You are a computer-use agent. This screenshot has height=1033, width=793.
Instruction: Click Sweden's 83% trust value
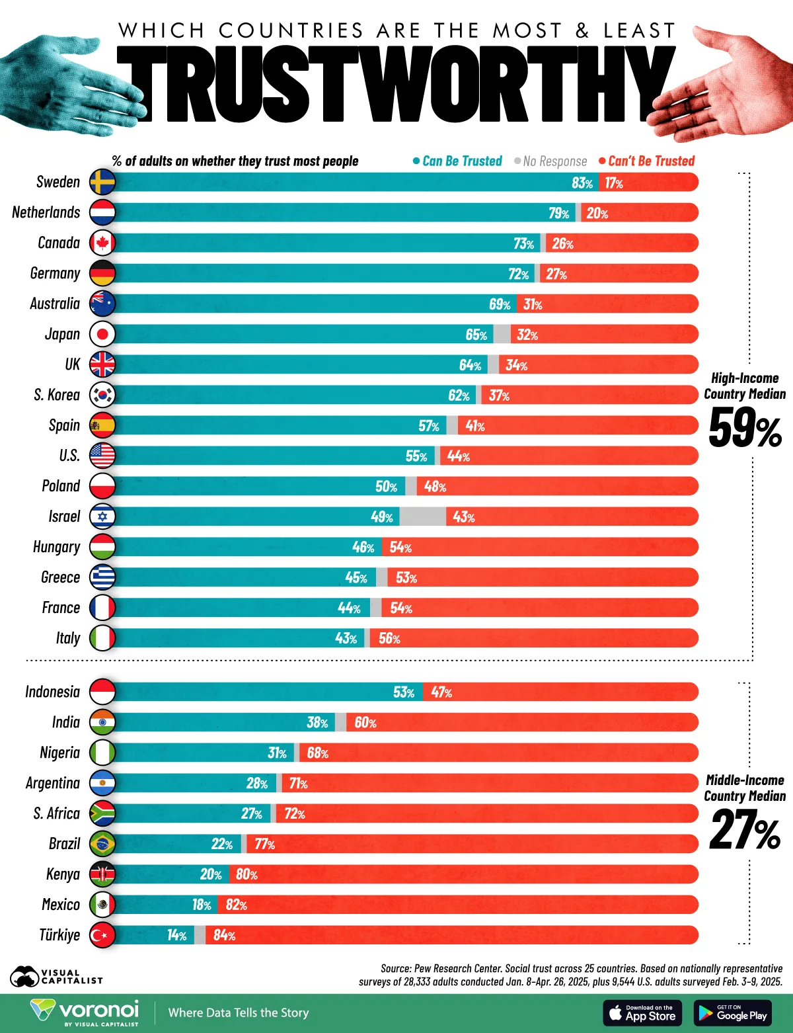(582, 183)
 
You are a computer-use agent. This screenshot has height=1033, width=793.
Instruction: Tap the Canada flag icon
(102, 243)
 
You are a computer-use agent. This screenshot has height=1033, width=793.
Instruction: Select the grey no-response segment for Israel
(422, 516)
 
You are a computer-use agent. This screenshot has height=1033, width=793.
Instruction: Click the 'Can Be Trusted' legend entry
(457, 161)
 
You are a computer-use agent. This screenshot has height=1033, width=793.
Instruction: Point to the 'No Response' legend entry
(550, 161)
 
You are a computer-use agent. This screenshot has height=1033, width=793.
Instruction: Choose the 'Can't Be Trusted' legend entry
(647, 161)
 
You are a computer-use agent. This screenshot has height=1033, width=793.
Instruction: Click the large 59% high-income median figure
(745, 429)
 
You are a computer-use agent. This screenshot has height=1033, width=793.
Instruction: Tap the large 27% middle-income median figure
(745, 831)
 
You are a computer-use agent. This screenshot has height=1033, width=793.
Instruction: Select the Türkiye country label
(59, 934)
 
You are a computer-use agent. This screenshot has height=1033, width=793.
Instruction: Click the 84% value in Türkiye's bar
(224, 935)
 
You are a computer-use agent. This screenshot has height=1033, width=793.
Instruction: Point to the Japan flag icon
(102, 334)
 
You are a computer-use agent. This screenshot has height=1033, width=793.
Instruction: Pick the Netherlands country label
(46, 212)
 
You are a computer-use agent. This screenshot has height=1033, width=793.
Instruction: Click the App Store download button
(642, 1012)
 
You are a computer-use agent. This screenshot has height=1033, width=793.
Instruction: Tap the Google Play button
(733, 1012)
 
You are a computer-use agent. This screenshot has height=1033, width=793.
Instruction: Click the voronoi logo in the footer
(85, 1012)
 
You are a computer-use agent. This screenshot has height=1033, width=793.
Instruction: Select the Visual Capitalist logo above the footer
(56, 976)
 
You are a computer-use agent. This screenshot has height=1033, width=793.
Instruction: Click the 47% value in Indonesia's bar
(441, 692)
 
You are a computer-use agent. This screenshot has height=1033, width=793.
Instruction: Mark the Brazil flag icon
(102, 844)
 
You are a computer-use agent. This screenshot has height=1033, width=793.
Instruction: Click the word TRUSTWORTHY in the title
(397, 84)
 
